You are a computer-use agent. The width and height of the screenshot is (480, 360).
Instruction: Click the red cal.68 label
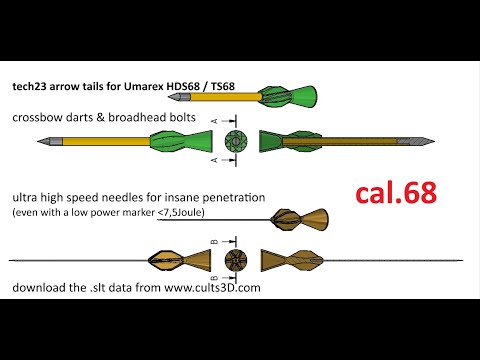click(x=396, y=193)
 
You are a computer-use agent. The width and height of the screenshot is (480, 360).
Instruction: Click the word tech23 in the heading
click(x=29, y=86)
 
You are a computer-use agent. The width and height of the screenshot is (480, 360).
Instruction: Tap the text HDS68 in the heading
click(x=183, y=86)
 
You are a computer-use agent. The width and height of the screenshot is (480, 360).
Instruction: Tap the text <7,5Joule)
click(x=181, y=212)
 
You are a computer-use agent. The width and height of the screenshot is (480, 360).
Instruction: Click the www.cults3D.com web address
click(x=212, y=287)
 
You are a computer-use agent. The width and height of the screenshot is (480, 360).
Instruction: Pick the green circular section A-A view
click(x=236, y=142)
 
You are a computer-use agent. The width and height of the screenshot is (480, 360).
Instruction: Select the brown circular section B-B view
click(x=236, y=260)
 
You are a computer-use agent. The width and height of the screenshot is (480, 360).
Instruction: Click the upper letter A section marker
click(x=215, y=121)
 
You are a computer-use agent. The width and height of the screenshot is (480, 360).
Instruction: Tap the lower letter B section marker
click(x=215, y=278)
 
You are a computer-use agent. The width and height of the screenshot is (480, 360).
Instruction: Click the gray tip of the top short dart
click(x=179, y=97)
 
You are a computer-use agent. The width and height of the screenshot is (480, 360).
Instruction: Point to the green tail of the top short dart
click(x=289, y=97)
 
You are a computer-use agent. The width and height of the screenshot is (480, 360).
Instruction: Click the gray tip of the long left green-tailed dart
click(x=50, y=141)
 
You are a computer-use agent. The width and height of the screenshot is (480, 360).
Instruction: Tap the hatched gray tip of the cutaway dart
click(x=416, y=141)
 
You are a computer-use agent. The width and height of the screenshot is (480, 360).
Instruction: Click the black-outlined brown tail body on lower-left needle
click(x=166, y=260)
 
